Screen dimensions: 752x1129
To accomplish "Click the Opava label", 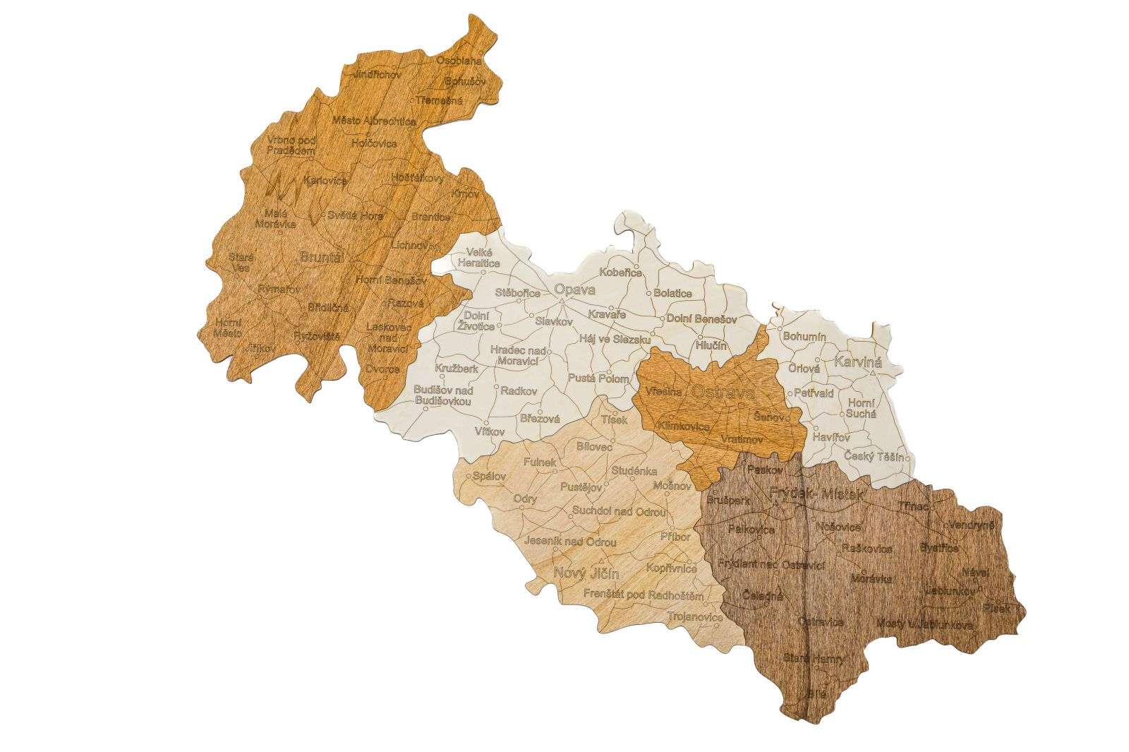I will [575, 290].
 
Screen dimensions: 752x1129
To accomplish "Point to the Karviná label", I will [858, 362].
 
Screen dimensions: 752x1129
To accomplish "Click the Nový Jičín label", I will [581, 573].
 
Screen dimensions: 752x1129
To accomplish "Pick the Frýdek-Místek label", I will [817, 496].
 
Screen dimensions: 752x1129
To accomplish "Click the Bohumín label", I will [804, 338].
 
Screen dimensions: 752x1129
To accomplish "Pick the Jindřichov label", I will [378, 73].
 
